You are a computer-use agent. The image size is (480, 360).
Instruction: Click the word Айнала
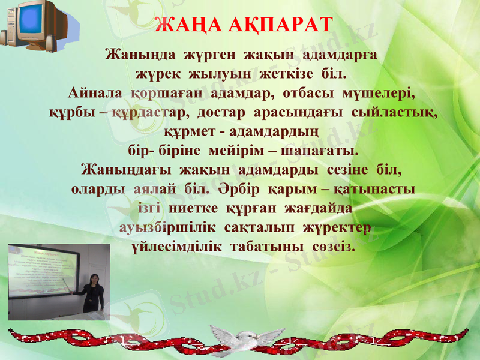[x=96, y=94]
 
